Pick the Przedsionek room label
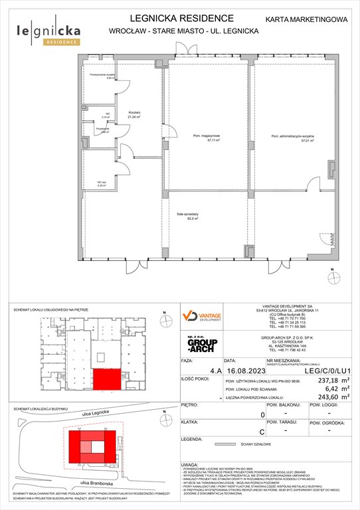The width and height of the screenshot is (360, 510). (x=102, y=130)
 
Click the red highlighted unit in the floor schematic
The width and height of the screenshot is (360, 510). (x=106, y=380)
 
